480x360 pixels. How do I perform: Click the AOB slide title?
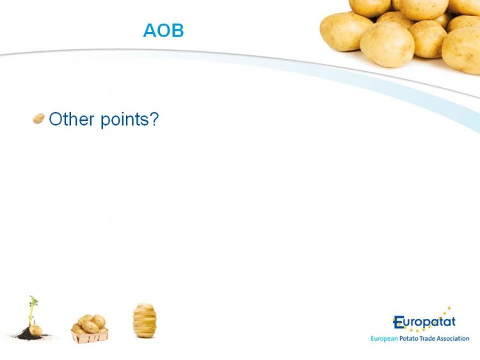click(163, 30)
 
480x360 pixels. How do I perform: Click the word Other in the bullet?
click(71, 119)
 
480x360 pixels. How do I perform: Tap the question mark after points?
click(154, 119)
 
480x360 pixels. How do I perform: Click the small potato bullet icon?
click(38, 119)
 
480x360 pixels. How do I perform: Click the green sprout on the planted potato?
click(33, 309)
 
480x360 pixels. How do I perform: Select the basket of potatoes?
click(90, 329)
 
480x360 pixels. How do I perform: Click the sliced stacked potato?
click(145, 320)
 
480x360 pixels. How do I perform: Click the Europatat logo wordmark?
click(424, 322)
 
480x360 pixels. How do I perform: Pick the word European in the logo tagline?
click(384, 339)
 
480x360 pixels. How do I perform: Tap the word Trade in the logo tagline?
click(428, 339)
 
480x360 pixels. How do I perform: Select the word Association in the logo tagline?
click(453, 339)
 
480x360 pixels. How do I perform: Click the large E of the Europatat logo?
click(398, 322)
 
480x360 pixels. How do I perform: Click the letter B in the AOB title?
click(178, 30)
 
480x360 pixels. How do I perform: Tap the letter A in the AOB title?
click(150, 30)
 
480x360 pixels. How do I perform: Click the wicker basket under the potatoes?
click(90, 336)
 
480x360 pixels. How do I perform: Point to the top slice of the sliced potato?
click(145, 306)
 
